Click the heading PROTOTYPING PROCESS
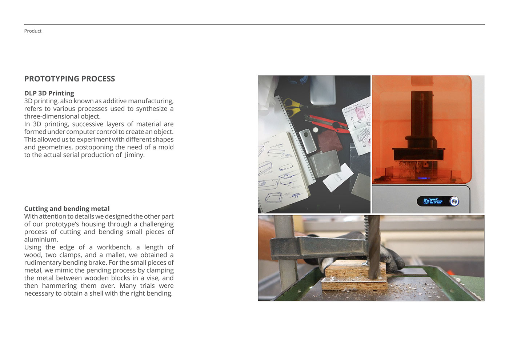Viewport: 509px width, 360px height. click(x=69, y=79)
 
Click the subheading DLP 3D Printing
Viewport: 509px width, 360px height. click(x=49, y=93)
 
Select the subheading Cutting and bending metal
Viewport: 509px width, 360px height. click(x=67, y=208)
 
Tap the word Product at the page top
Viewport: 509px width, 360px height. click(x=33, y=31)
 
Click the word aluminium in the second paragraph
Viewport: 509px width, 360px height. click(x=40, y=240)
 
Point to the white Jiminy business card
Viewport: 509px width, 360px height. click(x=338, y=178)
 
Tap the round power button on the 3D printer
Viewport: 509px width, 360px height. click(x=454, y=201)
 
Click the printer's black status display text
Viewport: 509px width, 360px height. click(x=433, y=201)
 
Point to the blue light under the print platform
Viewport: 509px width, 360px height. click(x=424, y=178)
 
